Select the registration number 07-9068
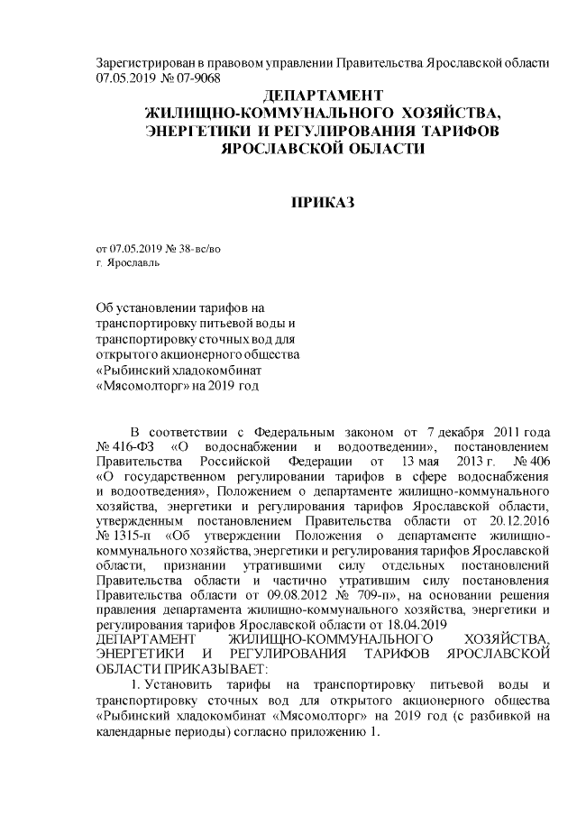[x=196, y=78]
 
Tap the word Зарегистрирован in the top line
[x=142, y=63]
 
